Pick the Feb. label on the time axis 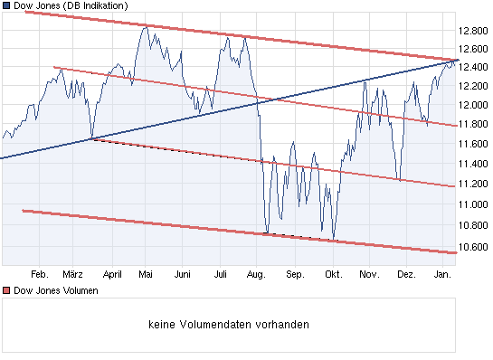(x=39, y=274)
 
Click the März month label (x=74, y=274)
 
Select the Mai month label (x=147, y=274)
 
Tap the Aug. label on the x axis (x=257, y=274)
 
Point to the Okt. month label (x=332, y=274)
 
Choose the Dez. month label (x=406, y=274)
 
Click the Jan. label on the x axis (x=443, y=274)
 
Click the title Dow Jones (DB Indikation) (x=70, y=5)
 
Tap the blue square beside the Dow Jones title (x=6, y=5)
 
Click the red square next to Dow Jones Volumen (x=6, y=291)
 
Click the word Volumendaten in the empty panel (x=232, y=324)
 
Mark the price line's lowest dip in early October (x=334, y=241)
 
